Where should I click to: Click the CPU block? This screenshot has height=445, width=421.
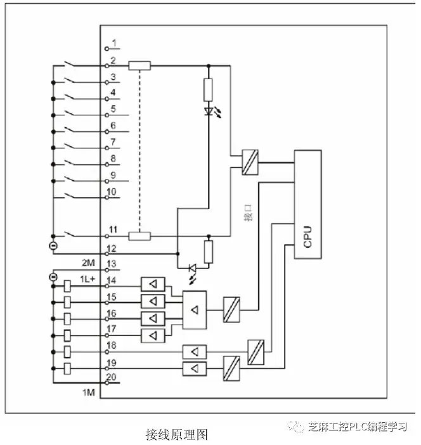[307, 204]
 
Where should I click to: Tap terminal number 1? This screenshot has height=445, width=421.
[113, 44]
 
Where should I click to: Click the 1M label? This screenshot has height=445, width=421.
[88, 393]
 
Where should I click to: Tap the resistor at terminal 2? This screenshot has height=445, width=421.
[139, 65]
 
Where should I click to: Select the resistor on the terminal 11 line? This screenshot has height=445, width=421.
[139, 236]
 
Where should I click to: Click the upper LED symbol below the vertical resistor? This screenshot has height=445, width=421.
[209, 111]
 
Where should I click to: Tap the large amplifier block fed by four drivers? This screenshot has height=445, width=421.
[195, 310]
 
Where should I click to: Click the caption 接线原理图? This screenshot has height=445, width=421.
[176, 434]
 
